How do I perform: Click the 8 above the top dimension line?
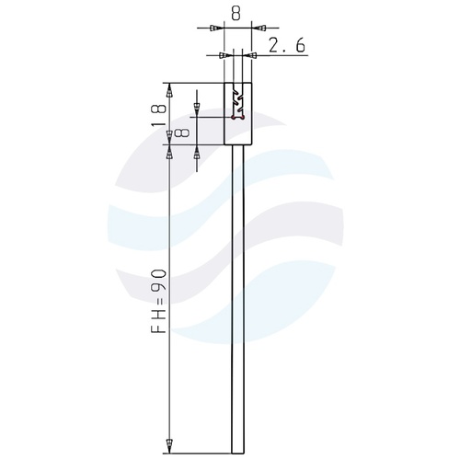pos(236,14)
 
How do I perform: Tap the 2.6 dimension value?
pos(287,45)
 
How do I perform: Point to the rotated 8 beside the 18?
pos(181,133)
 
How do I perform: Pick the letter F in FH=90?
pos(159,328)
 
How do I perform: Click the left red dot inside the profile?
pos(233,117)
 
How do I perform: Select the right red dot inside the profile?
pos(243,117)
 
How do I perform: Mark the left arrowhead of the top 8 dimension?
pos(216,29)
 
